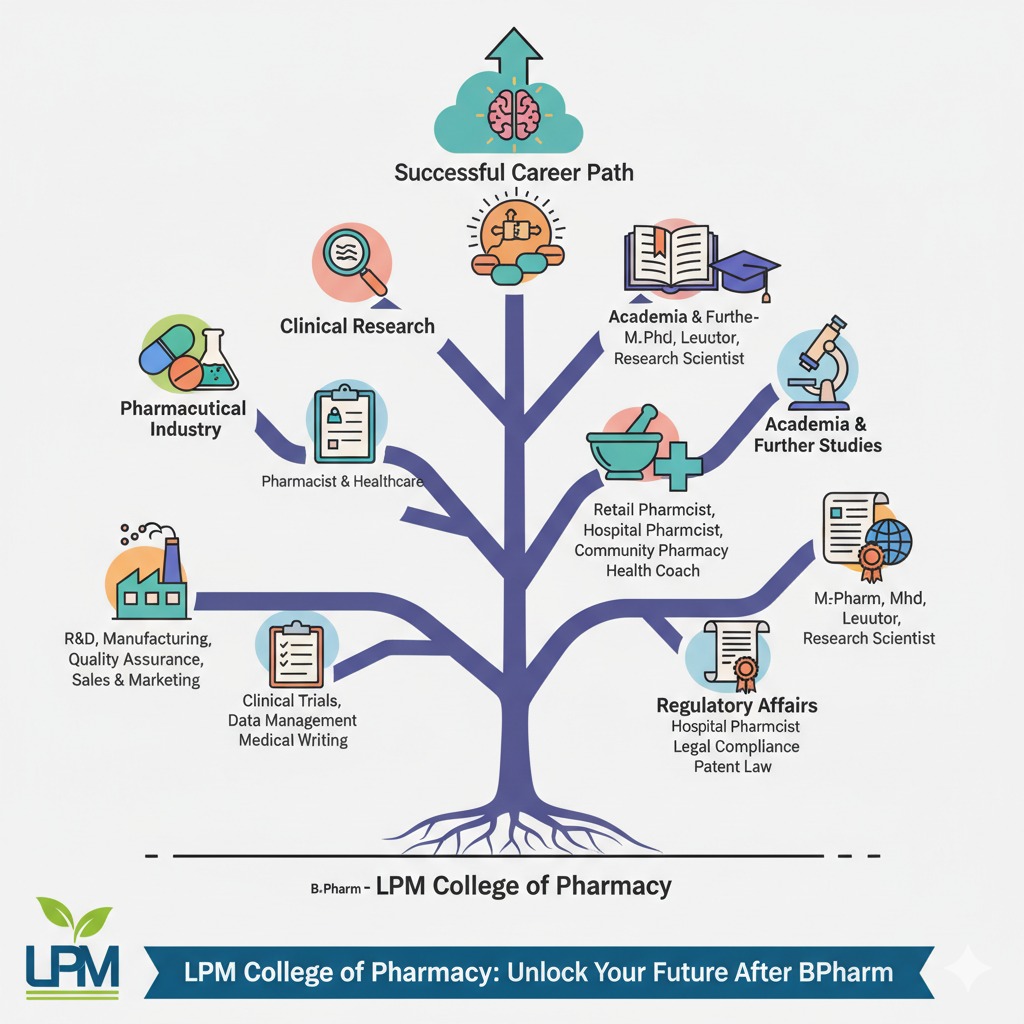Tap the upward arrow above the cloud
pos(510,46)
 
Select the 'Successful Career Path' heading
pos(514,172)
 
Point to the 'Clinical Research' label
pos(357,326)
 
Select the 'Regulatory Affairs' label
pos(736,705)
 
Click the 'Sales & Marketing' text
pos(136,680)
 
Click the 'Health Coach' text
pos(652,570)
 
